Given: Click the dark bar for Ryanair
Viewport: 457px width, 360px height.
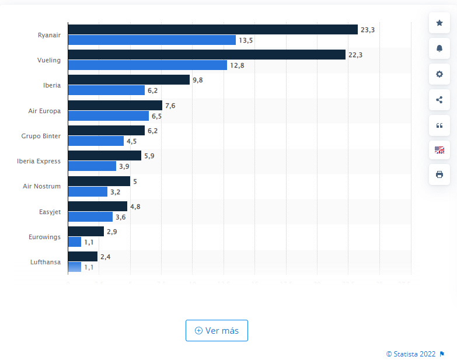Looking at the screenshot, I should tap(212, 29).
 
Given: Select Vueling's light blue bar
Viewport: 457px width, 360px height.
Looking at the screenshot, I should tap(147, 65).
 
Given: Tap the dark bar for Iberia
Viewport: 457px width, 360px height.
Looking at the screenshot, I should tap(128, 80).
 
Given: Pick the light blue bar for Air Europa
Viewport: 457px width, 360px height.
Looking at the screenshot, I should tap(108, 116).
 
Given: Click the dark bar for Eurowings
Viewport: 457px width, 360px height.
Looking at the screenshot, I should tap(86, 232).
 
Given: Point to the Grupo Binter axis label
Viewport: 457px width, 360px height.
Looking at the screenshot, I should tap(40, 136).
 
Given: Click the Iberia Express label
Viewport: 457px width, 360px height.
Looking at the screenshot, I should tap(39, 161).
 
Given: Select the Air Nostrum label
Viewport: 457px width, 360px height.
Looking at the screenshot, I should tap(41, 186).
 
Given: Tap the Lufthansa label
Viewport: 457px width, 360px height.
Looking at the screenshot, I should tap(45, 262).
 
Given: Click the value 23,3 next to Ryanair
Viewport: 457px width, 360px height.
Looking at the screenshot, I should tap(368, 29).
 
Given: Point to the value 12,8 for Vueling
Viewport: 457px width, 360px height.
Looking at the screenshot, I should tap(237, 65).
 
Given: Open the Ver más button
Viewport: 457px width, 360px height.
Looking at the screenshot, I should tap(217, 330).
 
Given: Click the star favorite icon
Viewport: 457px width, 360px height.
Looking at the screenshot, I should tap(439, 23).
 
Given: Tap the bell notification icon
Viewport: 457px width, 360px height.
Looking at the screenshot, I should tap(439, 48).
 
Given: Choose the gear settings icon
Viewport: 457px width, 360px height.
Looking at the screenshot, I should tap(439, 74).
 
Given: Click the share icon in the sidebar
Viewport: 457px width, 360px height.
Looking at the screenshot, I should tap(439, 99).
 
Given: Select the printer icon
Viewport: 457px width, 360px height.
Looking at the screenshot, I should tap(439, 174).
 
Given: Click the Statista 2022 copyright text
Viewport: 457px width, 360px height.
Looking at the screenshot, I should tap(411, 354).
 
